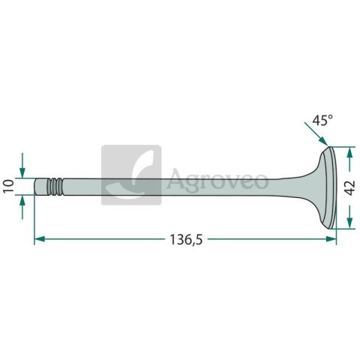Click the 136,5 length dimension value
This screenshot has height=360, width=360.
pos(186,240)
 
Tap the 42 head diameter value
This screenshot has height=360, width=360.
pos(349,187)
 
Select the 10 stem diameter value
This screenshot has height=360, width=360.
pos(9,186)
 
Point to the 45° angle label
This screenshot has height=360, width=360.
pos(322,120)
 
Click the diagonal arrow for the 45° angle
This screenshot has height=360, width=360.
pos(316,133)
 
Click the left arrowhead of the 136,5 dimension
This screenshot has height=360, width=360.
pos(40,239)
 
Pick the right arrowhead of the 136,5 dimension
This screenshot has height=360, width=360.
pos(331,239)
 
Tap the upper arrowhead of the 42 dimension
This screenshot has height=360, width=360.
pos(349,152)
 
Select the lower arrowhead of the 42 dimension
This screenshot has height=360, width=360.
pos(349,223)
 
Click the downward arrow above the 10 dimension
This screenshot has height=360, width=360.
pos(22,165)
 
